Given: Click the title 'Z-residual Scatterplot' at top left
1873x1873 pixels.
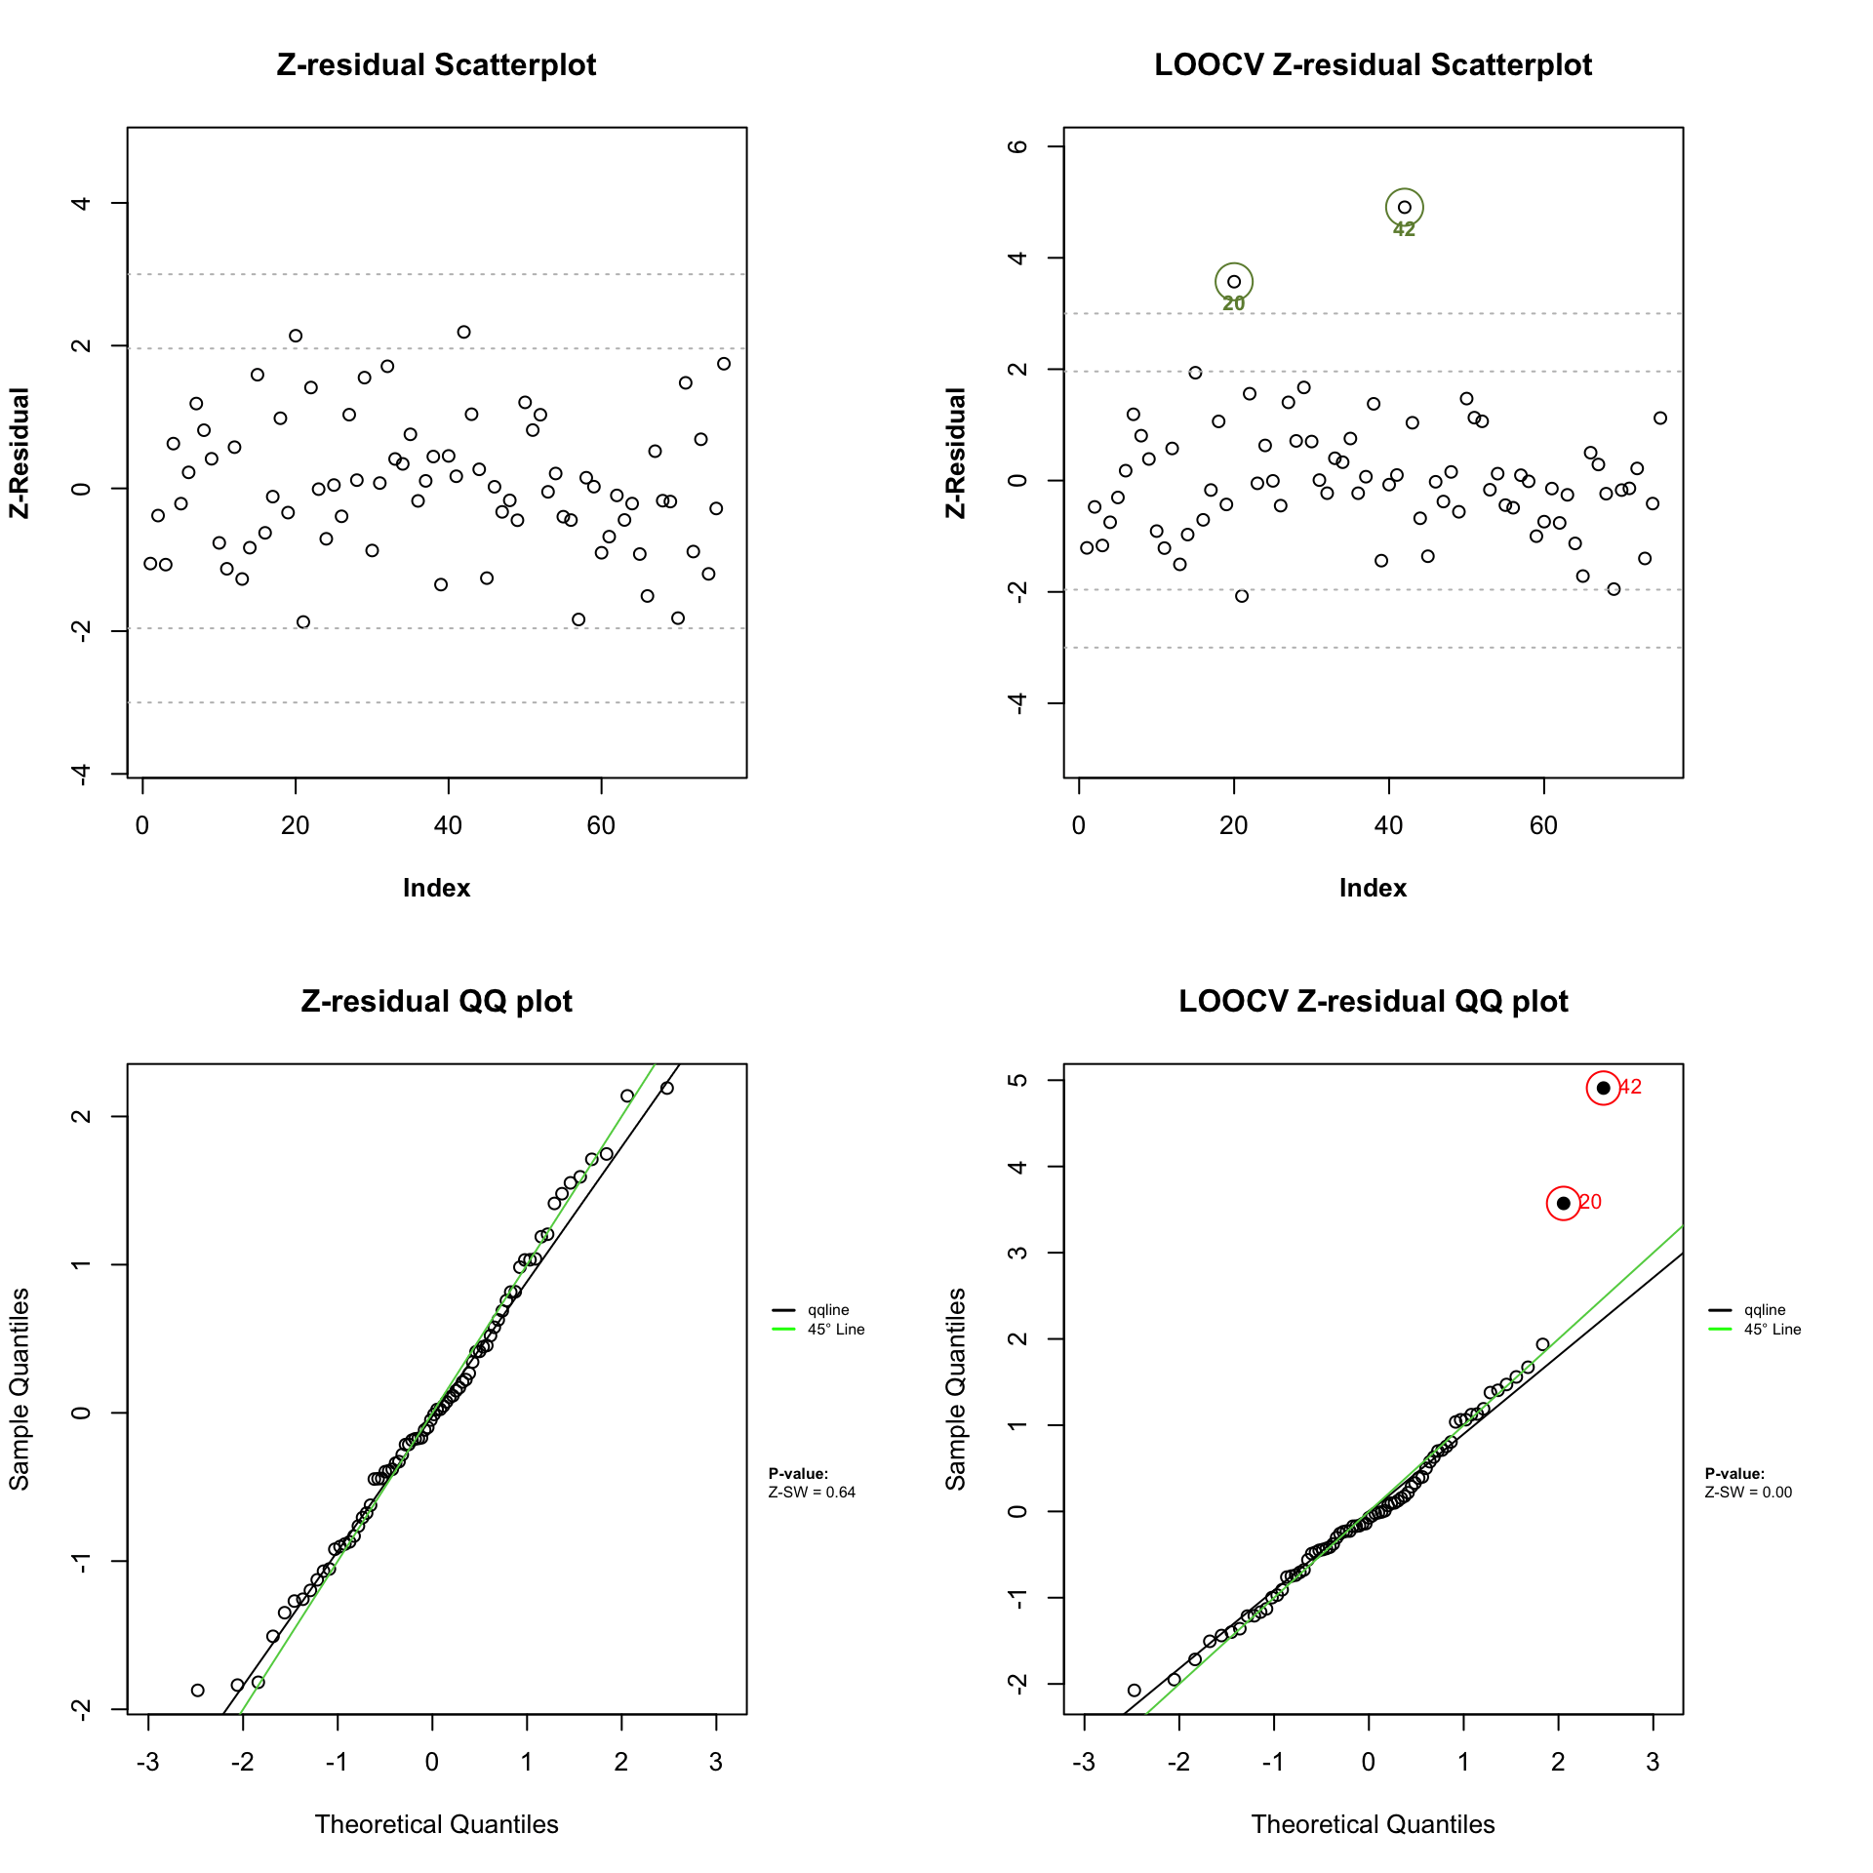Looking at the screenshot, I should [x=436, y=65].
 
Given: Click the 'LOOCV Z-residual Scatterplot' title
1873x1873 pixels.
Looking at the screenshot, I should [x=1373, y=65].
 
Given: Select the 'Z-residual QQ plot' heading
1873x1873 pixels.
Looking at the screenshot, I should [x=436, y=1002].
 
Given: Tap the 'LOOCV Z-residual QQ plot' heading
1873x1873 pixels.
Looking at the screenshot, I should [x=1373, y=1002].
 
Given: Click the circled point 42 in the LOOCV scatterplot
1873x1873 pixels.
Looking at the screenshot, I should [x=1404, y=207].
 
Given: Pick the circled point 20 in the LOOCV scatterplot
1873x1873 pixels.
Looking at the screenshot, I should [x=1234, y=282].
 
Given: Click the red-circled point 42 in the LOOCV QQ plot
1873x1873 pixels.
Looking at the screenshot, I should [x=1603, y=1088].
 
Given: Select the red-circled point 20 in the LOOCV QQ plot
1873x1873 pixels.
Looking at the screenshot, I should [x=1563, y=1203].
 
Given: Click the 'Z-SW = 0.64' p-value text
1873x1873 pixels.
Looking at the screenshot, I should [x=812, y=1492].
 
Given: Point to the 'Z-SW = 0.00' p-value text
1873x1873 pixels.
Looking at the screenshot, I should [x=1748, y=1492].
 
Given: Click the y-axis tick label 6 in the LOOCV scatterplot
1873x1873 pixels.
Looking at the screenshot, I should [x=1019, y=146].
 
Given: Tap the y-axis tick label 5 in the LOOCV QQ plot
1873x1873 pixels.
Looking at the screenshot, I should [x=1019, y=1080].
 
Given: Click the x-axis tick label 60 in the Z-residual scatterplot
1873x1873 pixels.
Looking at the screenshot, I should [x=601, y=825].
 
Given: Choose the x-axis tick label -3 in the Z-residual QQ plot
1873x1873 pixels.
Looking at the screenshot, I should [x=147, y=1762].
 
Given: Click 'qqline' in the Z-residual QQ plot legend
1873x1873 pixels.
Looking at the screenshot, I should [x=828, y=1310].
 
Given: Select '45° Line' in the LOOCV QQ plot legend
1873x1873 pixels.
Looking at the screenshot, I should [x=1773, y=1330].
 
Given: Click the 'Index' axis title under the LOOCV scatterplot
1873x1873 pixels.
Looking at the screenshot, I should [x=1373, y=888].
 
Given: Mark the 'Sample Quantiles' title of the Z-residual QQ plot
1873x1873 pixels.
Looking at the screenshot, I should [x=20, y=1389].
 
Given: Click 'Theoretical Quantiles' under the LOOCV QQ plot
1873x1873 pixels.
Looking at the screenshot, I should [x=1373, y=1824].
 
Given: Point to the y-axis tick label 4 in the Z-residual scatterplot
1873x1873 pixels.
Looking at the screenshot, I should [x=83, y=203].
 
